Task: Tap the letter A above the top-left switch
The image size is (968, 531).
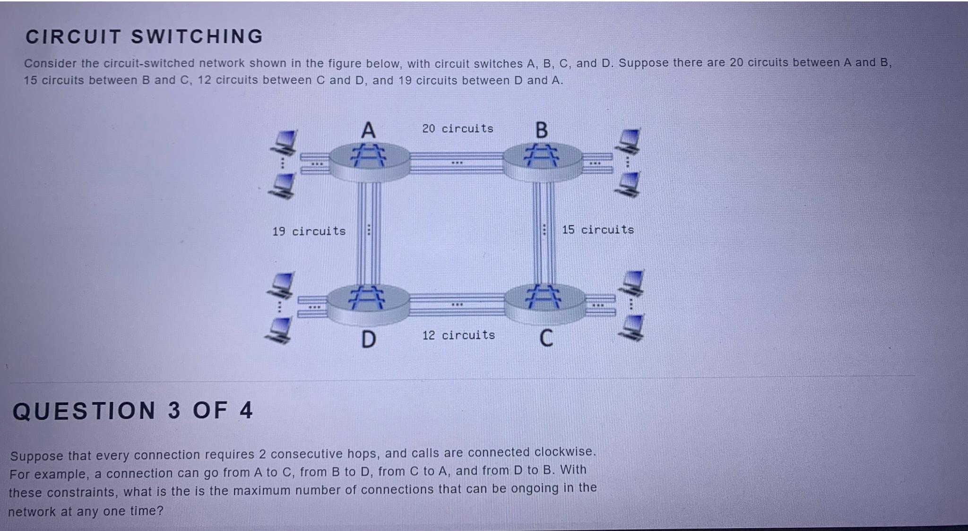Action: (x=368, y=130)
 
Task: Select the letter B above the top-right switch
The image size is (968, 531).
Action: (x=542, y=129)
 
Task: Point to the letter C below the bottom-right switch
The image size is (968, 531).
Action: (x=546, y=338)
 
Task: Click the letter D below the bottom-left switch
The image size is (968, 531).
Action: (x=369, y=339)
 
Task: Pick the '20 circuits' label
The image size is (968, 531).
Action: (x=458, y=128)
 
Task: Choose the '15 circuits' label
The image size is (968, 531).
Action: (x=598, y=230)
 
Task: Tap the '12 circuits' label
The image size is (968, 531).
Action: (x=458, y=335)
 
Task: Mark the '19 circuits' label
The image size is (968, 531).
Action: (x=309, y=231)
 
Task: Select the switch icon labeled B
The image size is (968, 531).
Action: (x=543, y=161)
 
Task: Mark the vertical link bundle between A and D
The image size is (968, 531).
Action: (x=369, y=231)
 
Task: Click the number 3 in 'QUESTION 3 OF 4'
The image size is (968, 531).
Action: (x=174, y=410)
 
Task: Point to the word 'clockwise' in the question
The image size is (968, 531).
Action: (x=564, y=452)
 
